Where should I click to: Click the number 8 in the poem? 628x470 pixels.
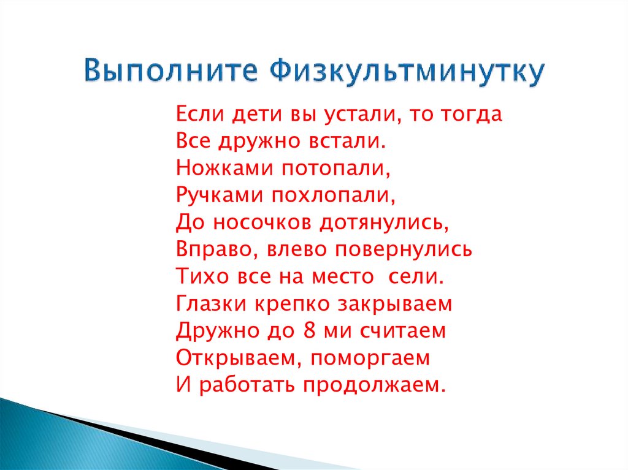pyautogui.click(x=308, y=330)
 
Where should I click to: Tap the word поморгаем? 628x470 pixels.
pyautogui.click(x=369, y=357)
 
